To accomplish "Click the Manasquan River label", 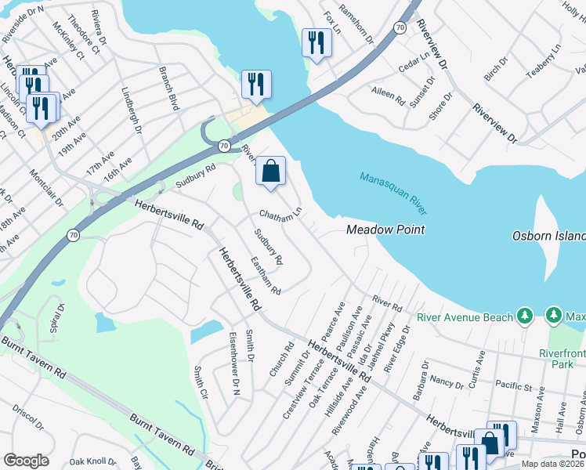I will point(394,193).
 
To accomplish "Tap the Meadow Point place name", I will point(386,230).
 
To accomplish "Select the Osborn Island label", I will point(548,236).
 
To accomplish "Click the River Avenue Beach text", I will point(465,316).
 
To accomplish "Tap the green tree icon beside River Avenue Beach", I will point(526,316).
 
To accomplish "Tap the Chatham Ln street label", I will point(280,214).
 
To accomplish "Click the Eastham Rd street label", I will point(266,277).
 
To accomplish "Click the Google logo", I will point(25,460).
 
